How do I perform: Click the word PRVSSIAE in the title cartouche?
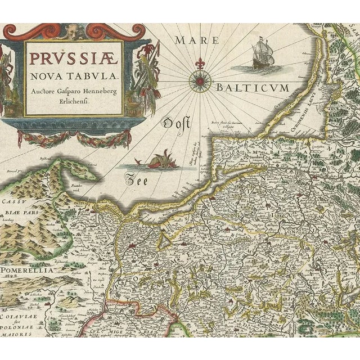(x=73, y=57)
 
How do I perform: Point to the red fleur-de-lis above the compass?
(x=200, y=61)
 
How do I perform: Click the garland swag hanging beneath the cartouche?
(x=73, y=138)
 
